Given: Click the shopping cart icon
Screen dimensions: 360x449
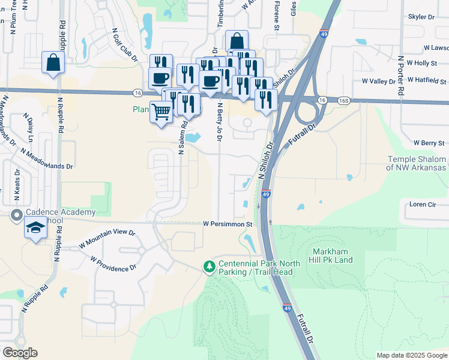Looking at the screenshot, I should [160, 112].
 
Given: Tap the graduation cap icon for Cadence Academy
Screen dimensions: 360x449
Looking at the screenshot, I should [35, 229].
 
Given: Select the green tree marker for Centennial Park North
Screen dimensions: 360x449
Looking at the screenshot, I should [209, 265].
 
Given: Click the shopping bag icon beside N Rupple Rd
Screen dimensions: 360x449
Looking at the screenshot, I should [53, 62].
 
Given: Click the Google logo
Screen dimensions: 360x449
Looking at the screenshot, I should [20, 353].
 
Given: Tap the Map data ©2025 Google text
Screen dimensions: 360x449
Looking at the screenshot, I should [411, 355].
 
